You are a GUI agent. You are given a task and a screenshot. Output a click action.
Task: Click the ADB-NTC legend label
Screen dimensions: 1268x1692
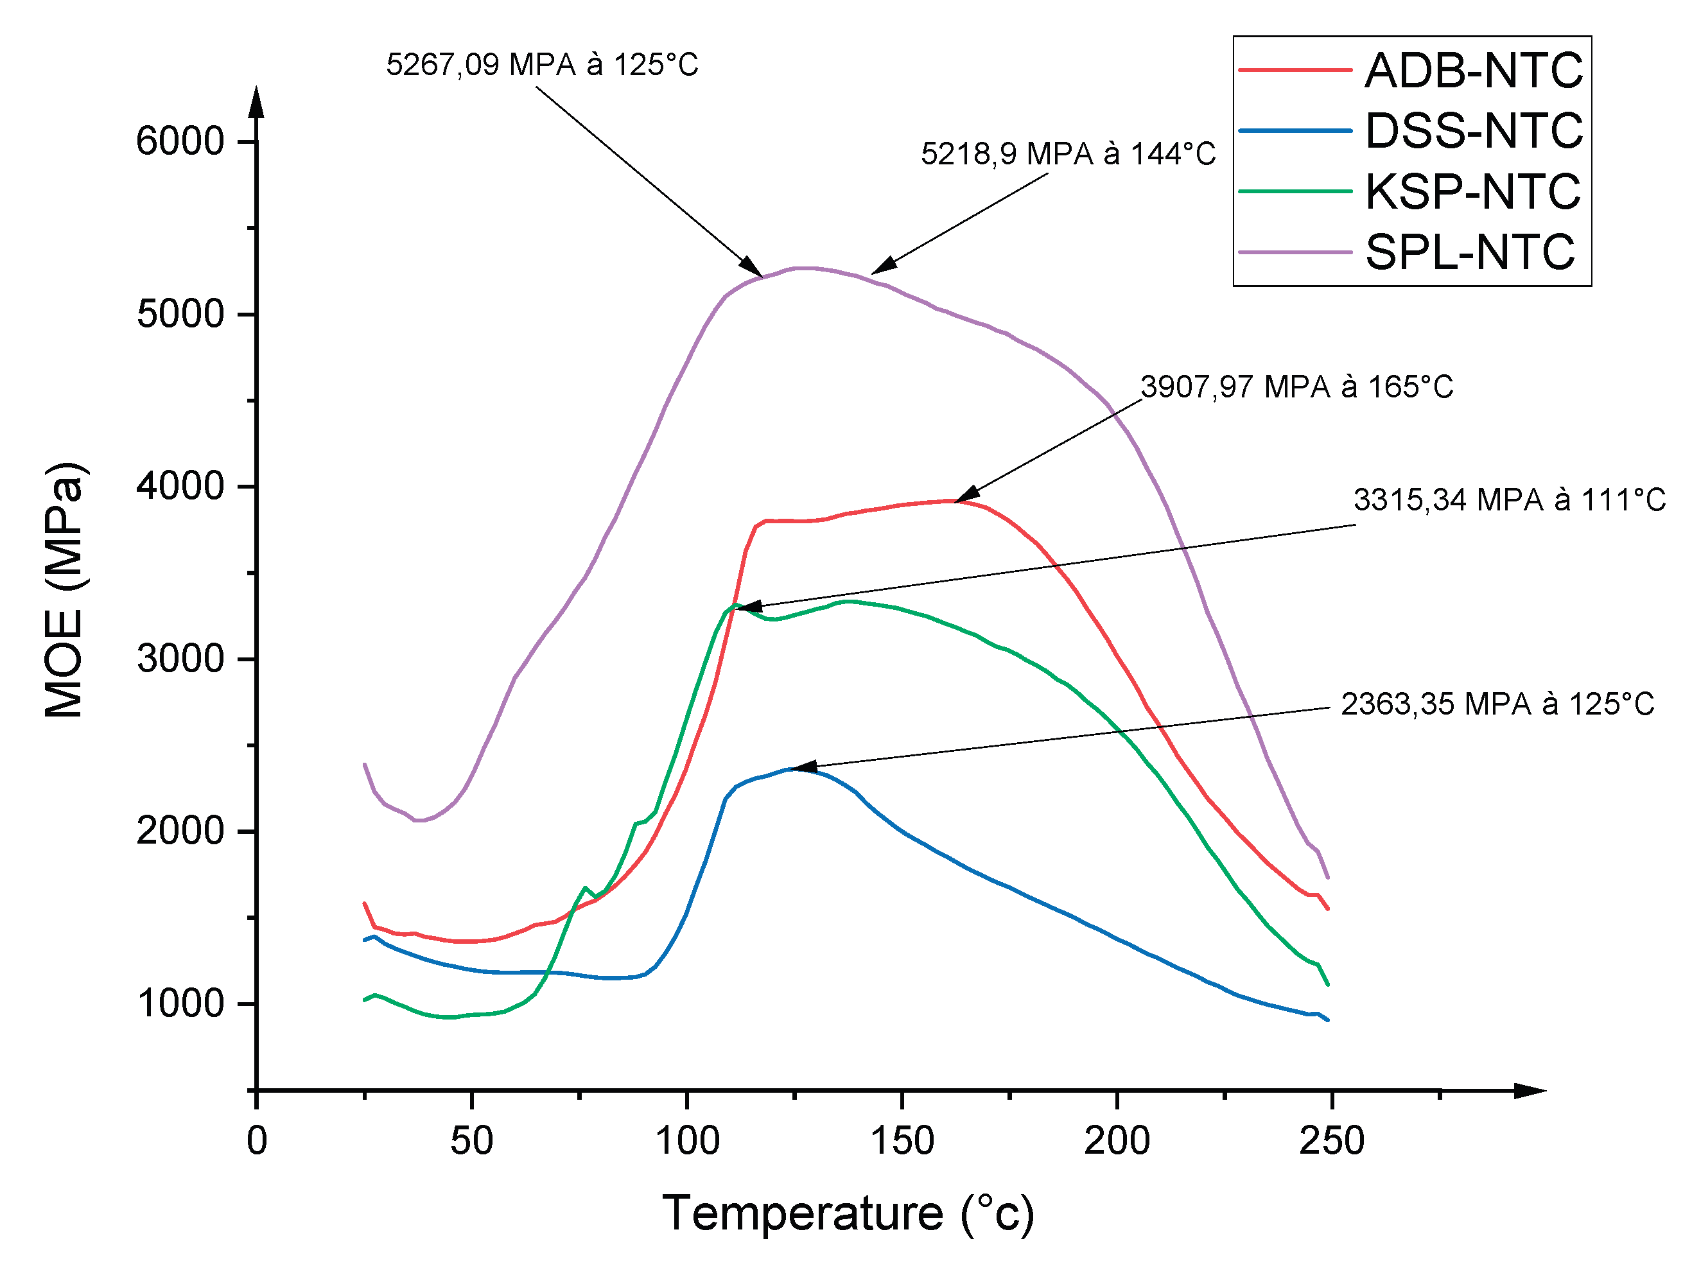1473,71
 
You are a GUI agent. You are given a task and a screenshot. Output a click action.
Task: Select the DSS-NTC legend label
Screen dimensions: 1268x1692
1473,130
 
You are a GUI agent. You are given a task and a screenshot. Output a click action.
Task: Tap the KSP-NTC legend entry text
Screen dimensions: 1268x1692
1472,191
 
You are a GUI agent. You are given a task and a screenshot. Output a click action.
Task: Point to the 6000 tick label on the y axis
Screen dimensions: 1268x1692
180,141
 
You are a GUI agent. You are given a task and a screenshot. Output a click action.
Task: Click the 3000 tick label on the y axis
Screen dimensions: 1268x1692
180,659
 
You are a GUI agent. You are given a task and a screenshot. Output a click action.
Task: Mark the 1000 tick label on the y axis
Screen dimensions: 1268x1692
180,1003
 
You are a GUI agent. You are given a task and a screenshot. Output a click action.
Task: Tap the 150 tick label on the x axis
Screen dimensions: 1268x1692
903,1141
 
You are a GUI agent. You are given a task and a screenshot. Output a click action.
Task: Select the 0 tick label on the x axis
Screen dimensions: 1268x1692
257,1141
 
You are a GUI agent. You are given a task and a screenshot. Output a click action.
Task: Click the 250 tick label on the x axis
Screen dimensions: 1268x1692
1332,1141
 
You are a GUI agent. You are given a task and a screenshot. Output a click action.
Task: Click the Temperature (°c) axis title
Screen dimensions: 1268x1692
848,1213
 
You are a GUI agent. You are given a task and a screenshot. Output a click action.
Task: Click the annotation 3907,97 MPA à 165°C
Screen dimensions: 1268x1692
1296,387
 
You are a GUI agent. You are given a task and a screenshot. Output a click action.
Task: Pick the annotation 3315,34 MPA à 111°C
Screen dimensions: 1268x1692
1509,500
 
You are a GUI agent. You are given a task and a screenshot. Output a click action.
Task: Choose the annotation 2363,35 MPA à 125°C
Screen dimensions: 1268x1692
1497,704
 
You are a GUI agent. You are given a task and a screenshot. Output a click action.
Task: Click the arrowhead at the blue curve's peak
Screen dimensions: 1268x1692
803,767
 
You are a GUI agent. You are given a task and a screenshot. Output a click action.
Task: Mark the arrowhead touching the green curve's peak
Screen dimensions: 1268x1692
748,607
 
